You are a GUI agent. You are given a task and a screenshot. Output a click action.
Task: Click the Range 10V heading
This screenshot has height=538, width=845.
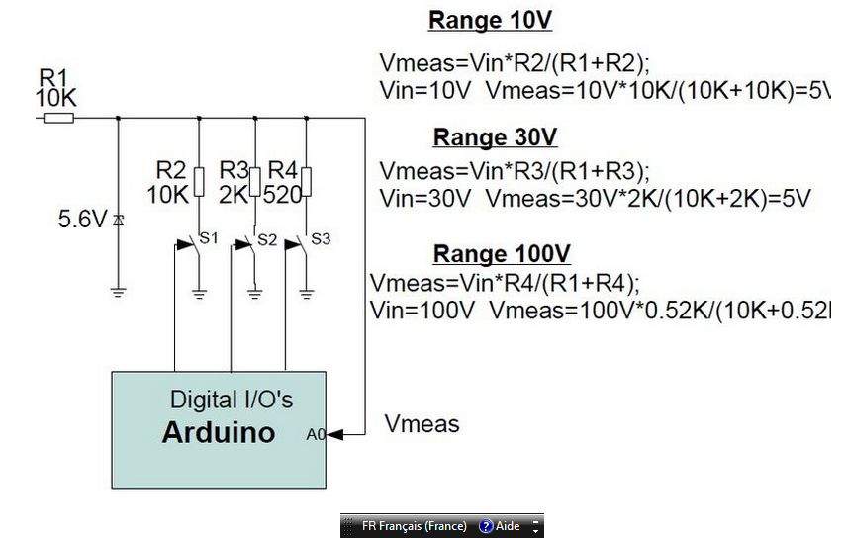(491, 21)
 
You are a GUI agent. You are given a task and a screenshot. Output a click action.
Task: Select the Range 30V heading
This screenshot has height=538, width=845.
(496, 137)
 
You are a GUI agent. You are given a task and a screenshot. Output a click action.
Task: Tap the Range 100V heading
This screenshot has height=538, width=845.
(502, 253)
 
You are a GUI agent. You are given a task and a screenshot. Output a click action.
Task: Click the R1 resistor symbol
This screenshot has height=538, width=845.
(58, 118)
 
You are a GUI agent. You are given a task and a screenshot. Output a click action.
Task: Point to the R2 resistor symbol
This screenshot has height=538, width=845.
(200, 182)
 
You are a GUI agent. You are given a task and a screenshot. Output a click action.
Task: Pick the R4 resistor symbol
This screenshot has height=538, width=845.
(307, 182)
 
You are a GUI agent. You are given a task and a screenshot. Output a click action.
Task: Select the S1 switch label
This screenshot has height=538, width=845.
(209, 237)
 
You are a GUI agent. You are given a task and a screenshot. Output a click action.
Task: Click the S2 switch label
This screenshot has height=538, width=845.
(267, 238)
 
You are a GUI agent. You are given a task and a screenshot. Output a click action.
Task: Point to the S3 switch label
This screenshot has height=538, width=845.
(321, 238)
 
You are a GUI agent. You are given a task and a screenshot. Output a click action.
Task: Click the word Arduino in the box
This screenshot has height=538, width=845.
(219, 432)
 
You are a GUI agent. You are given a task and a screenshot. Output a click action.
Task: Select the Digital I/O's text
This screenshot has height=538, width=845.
(232, 401)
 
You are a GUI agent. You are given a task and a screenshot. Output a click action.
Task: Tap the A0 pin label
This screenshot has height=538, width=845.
(316, 433)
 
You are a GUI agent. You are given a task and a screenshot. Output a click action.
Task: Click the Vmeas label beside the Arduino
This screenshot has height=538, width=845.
(422, 424)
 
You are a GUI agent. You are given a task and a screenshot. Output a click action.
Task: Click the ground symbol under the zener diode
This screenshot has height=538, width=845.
(119, 292)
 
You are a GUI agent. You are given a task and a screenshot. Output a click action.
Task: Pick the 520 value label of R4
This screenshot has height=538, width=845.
(281, 195)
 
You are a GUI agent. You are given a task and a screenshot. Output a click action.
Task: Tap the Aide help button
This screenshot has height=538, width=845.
(500, 526)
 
